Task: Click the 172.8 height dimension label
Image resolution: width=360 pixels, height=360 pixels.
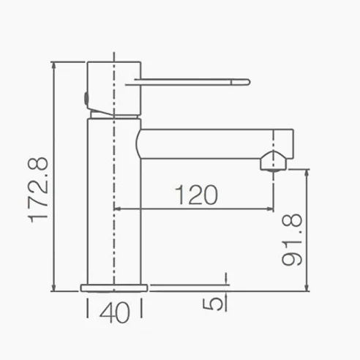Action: point(39,190)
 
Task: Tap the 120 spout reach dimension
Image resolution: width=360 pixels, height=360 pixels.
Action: point(196,195)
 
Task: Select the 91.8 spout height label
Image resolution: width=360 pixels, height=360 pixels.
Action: point(292,239)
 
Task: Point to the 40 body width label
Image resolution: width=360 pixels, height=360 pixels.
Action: point(115,312)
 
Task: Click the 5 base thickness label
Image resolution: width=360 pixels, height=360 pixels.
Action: point(213,304)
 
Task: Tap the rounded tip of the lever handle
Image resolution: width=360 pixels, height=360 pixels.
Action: point(247,82)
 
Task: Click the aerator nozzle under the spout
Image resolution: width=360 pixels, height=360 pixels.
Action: point(272,161)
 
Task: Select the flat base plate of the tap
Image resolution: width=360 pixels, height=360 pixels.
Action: point(114,288)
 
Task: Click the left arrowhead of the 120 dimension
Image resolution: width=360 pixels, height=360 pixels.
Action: point(117,209)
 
